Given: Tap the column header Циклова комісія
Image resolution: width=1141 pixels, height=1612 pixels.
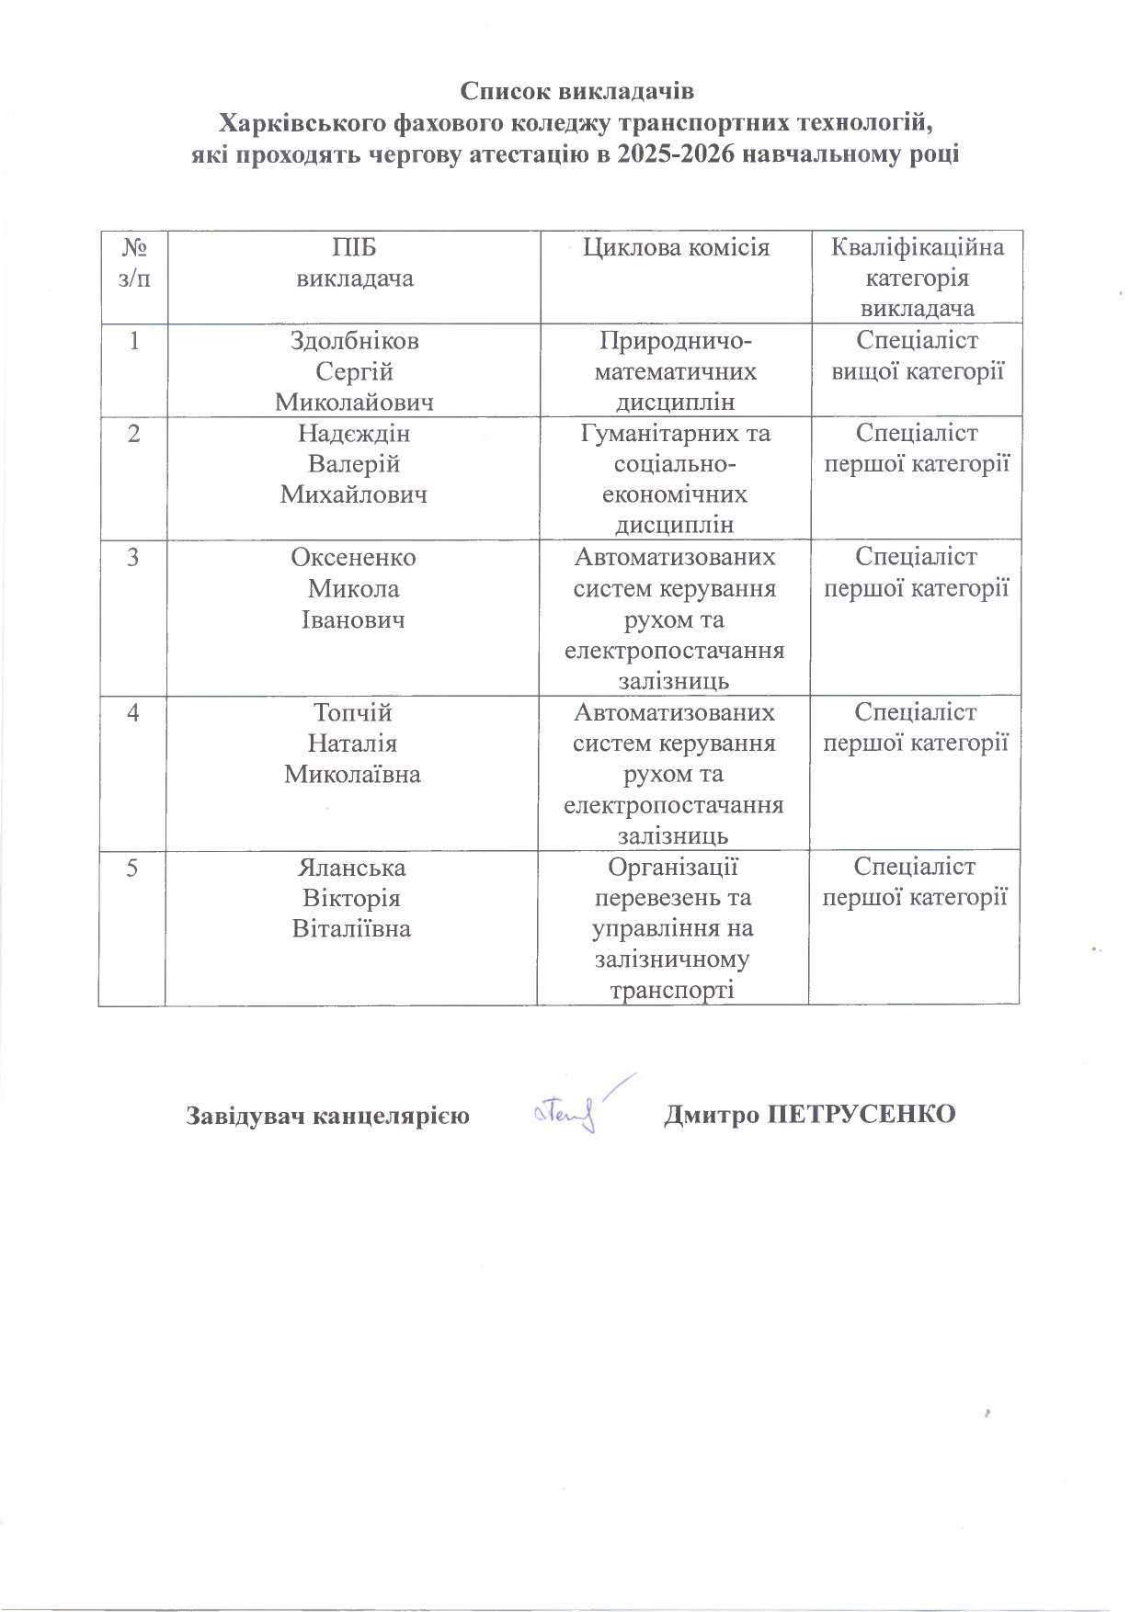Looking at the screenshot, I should pyautogui.click(x=676, y=247).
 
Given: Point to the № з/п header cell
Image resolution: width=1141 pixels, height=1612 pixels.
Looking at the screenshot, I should pyautogui.click(x=134, y=263).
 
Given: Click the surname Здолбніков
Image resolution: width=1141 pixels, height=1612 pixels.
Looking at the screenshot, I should pyautogui.click(x=354, y=341).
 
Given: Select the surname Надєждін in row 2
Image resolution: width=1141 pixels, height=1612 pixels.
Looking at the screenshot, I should pyautogui.click(x=354, y=434).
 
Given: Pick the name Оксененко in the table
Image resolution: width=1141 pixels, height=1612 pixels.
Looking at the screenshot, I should pyautogui.click(x=353, y=558).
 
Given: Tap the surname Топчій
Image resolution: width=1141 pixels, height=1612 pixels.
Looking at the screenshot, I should pyautogui.click(x=353, y=713).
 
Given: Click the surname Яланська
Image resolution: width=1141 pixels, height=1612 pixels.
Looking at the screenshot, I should pyautogui.click(x=352, y=868).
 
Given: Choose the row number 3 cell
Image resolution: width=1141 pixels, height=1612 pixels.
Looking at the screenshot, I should pyautogui.click(x=134, y=557).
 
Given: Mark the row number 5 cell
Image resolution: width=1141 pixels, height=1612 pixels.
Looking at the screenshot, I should pyautogui.click(x=133, y=868).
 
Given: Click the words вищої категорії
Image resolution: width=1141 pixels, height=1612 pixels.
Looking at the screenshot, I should pyautogui.click(x=917, y=372).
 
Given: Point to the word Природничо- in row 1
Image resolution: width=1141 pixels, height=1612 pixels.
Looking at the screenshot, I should pyautogui.click(x=676, y=341).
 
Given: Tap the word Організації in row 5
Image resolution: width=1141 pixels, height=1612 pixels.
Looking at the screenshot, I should pyautogui.click(x=674, y=868).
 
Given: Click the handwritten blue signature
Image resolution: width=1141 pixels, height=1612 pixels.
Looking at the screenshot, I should pyautogui.click(x=575, y=1109).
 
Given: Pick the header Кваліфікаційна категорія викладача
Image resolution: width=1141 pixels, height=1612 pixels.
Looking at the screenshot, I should pyautogui.click(x=917, y=278).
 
